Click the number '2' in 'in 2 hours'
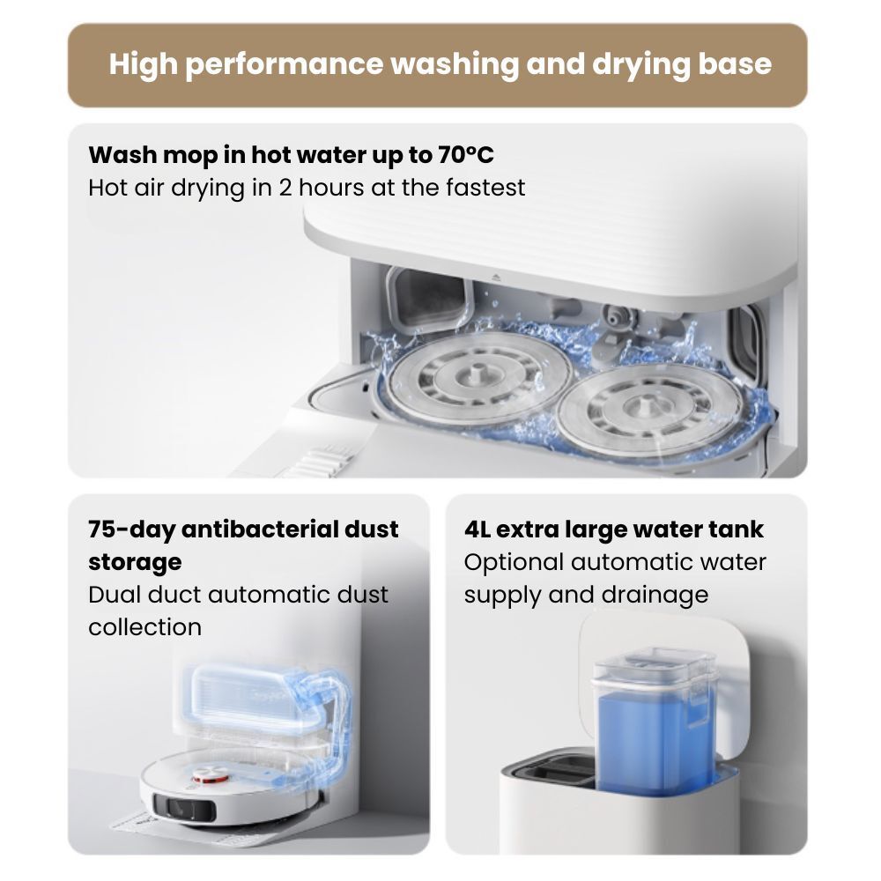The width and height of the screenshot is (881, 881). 285,188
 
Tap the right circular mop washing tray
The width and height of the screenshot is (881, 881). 649,411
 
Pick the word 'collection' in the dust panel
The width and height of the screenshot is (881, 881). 145,627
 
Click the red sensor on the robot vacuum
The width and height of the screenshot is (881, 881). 211,779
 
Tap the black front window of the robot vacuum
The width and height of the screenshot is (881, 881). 185,808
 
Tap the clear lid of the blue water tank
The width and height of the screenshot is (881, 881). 655,666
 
